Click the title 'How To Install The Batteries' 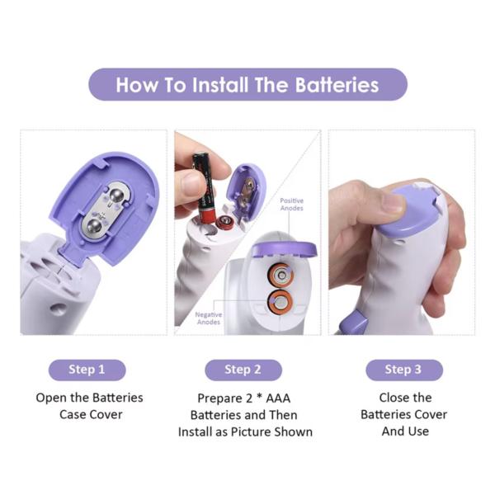coord(247,85)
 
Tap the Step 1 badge coord(87,370)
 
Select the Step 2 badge coord(243,370)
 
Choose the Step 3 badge coord(403,370)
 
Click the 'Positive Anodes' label coord(292,205)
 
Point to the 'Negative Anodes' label coord(209,318)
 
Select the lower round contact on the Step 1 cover coord(94,227)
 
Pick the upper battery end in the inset coord(281,276)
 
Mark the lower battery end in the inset coord(280,304)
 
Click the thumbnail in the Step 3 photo coord(393,203)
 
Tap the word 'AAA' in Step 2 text coord(278,398)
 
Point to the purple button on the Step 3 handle coord(353,322)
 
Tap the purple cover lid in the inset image coord(283,249)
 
